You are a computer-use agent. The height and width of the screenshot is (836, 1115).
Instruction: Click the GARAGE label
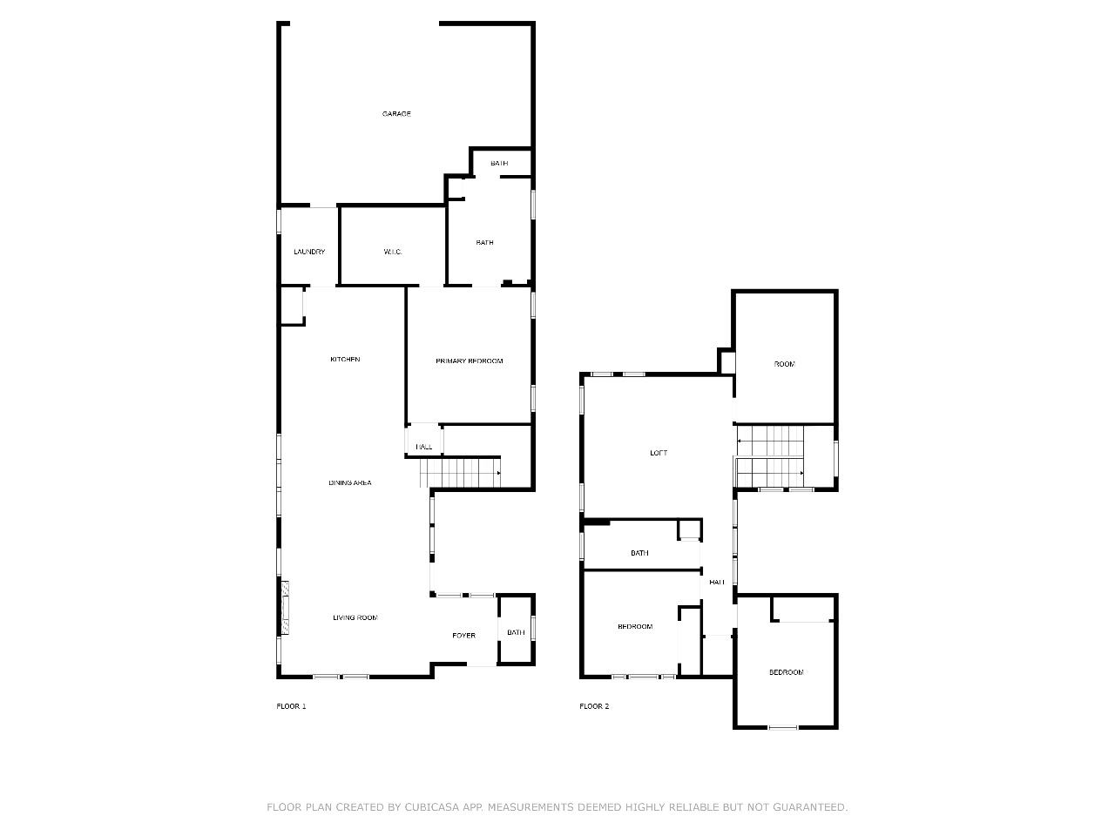396,114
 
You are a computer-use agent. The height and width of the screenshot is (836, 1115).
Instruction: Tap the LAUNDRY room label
309,252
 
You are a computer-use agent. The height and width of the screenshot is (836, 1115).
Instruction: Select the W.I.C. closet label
393,252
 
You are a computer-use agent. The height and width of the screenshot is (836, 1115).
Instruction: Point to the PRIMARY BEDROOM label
470,361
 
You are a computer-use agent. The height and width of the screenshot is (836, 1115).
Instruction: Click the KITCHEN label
345,360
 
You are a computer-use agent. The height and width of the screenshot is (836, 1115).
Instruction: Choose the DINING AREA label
350,482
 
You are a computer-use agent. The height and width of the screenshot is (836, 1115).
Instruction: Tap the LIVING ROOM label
355,617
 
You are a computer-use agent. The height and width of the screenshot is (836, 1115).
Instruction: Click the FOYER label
463,636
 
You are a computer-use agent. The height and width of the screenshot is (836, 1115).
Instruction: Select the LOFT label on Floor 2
659,453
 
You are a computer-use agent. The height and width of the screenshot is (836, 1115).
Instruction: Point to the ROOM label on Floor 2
784,364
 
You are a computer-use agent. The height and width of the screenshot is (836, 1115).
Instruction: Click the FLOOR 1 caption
291,706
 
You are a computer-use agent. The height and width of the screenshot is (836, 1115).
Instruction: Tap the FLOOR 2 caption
594,706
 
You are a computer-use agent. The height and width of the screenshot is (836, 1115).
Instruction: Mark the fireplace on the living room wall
286,608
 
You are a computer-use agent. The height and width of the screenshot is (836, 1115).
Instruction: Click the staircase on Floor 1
460,473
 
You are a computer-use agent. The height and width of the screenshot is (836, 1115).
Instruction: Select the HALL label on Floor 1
424,447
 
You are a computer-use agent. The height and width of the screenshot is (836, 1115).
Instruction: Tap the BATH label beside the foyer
516,632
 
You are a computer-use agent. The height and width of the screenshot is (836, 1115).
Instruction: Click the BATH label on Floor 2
639,553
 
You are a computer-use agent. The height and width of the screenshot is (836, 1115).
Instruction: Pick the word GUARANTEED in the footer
810,807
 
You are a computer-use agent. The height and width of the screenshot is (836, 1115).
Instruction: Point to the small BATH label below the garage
499,163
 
